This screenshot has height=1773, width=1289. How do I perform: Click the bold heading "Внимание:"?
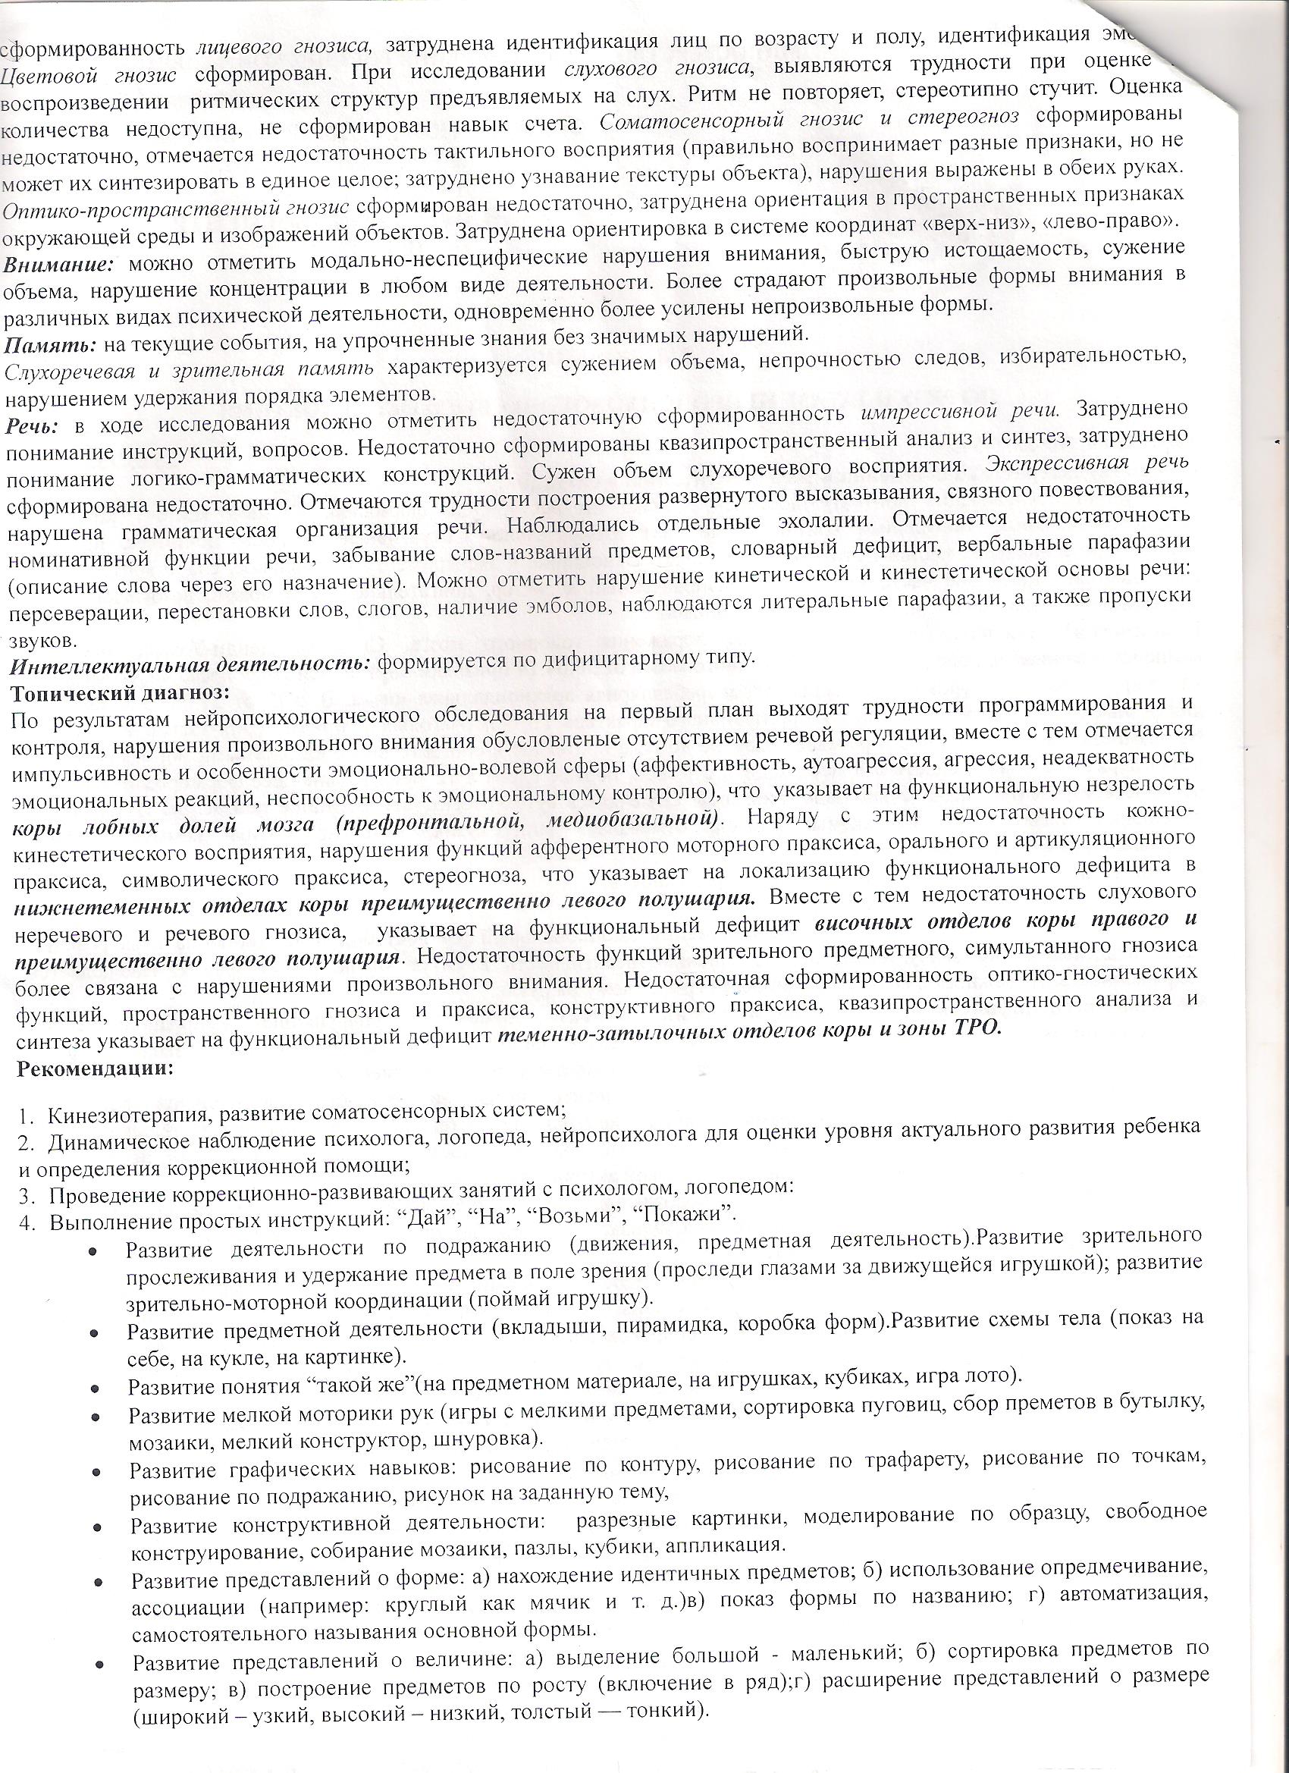59,265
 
